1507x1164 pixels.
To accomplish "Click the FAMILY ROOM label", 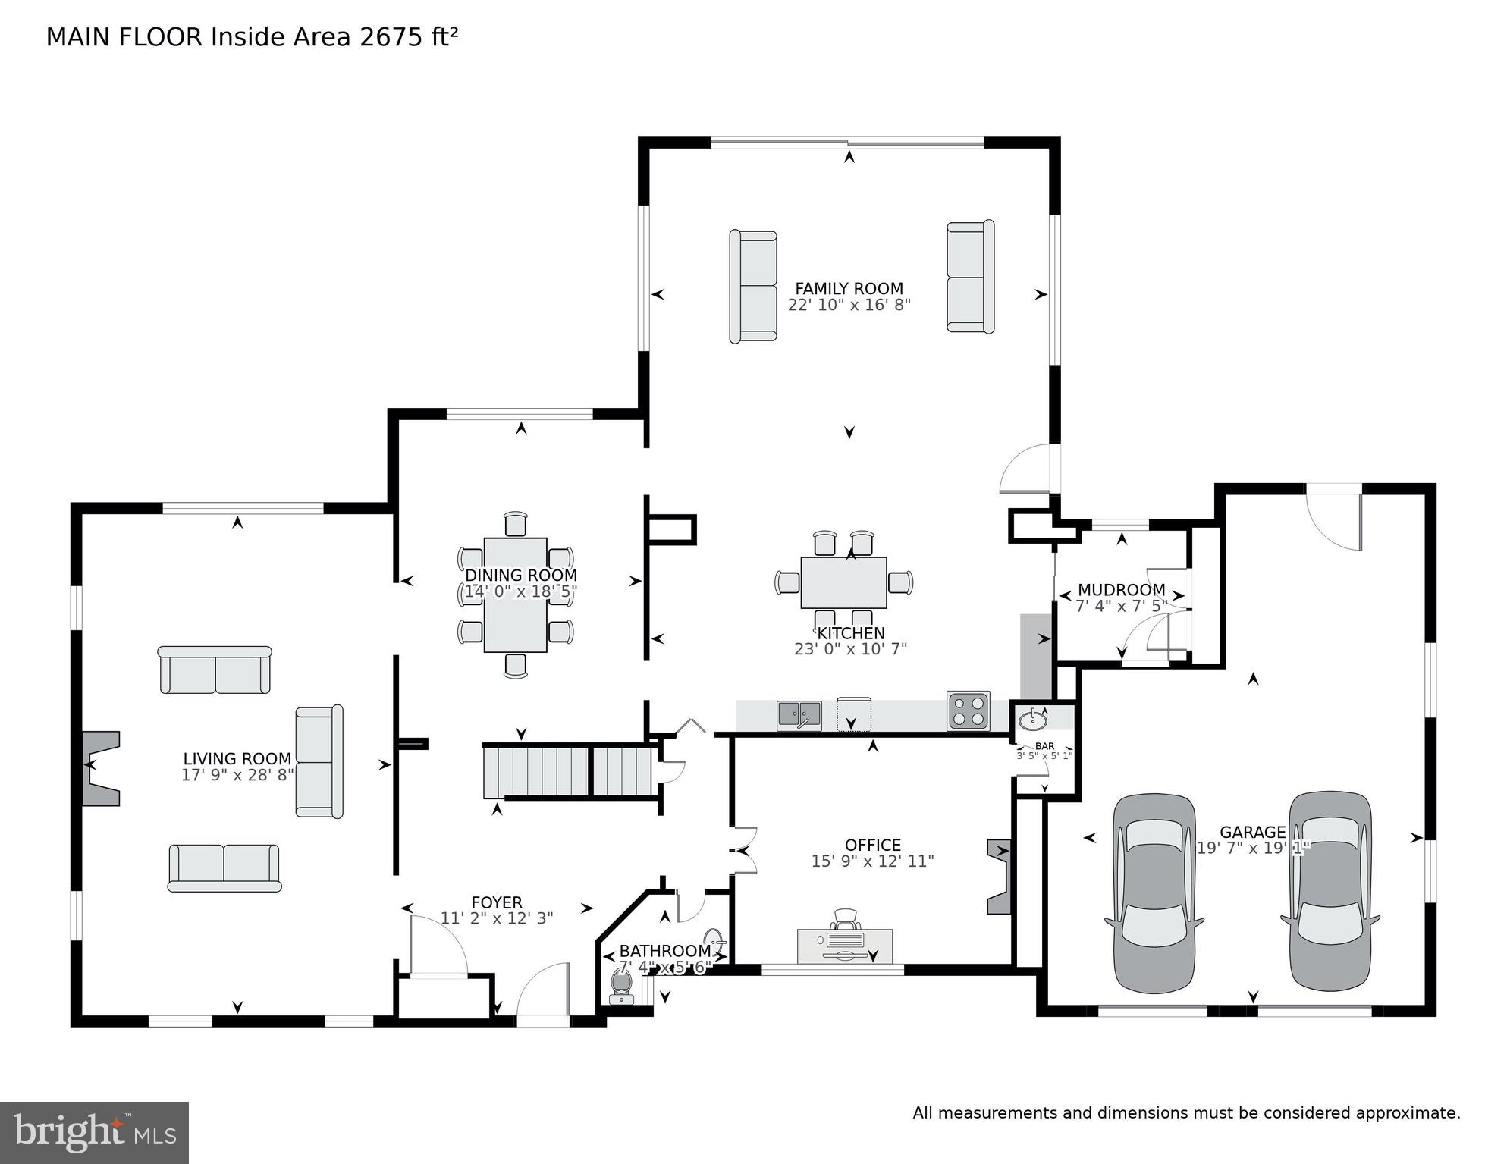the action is [x=849, y=289].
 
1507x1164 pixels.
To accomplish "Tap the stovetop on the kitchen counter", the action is [x=969, y=711].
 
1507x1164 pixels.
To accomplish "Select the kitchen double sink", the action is [x=799, y=715].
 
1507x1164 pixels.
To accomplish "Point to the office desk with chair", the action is [x=845, y=937].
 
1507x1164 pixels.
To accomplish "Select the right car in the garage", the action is [x=1330, y=891].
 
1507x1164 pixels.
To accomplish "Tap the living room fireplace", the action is [x=100, y=767].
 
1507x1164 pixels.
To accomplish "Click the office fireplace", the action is [x=1000, y=877].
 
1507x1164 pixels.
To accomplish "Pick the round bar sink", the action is [x=1032, y=719].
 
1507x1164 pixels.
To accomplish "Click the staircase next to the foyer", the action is [x=569, y=771].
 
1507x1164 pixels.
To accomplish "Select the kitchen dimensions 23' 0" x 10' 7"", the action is [x=850, y=649].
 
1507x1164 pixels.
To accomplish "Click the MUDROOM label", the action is [x=1121, y=590].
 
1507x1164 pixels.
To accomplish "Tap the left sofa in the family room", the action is [x=753, y=287].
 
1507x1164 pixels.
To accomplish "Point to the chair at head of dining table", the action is [x=516, y=525].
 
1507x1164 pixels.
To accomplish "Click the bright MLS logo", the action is [x=94, y=1132].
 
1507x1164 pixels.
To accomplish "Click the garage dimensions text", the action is [x=1253, y=849].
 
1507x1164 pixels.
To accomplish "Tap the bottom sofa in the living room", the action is [x=224, y=868].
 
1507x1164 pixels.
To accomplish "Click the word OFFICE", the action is [x=873, y=845].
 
